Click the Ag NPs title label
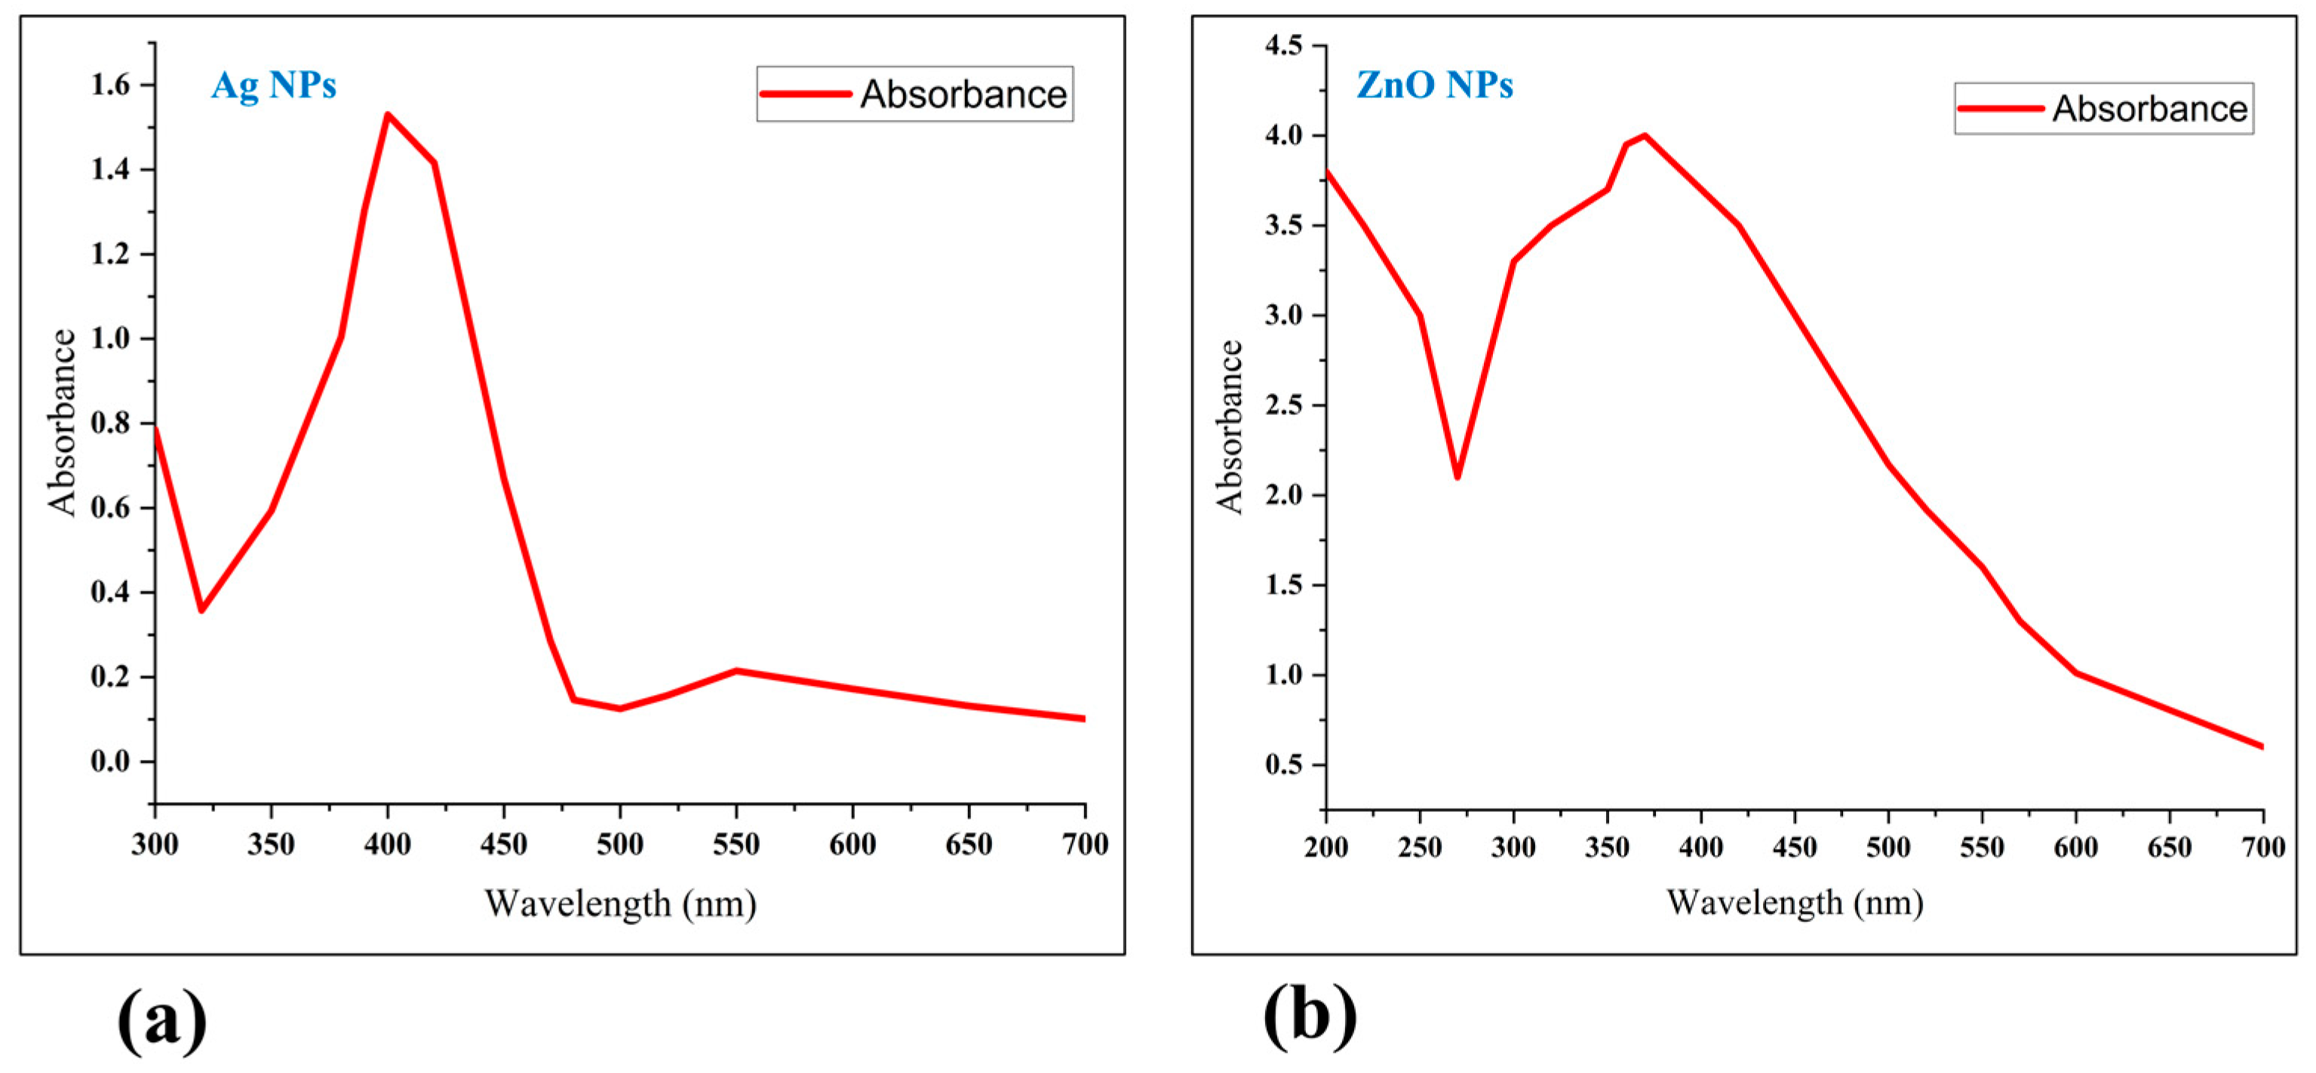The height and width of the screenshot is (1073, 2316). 273,85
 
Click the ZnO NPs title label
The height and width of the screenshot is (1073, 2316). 1434,85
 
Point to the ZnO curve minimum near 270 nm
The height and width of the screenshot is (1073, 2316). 1457,476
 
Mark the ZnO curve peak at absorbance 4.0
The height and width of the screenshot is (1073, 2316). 1645,136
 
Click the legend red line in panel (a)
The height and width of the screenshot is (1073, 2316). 805,94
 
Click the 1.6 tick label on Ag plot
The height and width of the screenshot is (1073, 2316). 111,85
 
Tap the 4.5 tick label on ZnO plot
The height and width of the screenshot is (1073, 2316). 1284,45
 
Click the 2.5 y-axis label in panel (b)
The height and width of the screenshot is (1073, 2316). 1284,404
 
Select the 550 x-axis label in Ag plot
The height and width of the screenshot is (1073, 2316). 736,844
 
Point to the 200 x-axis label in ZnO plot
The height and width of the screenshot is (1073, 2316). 1326,847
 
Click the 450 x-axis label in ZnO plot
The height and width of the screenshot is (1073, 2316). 1795,847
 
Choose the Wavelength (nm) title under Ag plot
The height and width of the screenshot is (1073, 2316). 620,903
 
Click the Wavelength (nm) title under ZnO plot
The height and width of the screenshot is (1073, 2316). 1795,902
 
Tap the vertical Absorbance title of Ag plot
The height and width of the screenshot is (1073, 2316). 62,423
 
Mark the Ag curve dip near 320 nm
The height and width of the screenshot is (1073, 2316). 201,610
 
